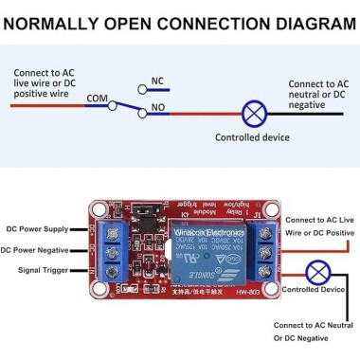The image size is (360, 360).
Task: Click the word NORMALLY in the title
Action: coord(60,18)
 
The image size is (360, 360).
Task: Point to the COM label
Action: coord(97,98)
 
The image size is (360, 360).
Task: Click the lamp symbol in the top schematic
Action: coord(253,115)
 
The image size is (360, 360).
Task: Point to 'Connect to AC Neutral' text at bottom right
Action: coord(314,325)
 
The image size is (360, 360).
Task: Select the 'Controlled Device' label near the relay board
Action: coord(315,289)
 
